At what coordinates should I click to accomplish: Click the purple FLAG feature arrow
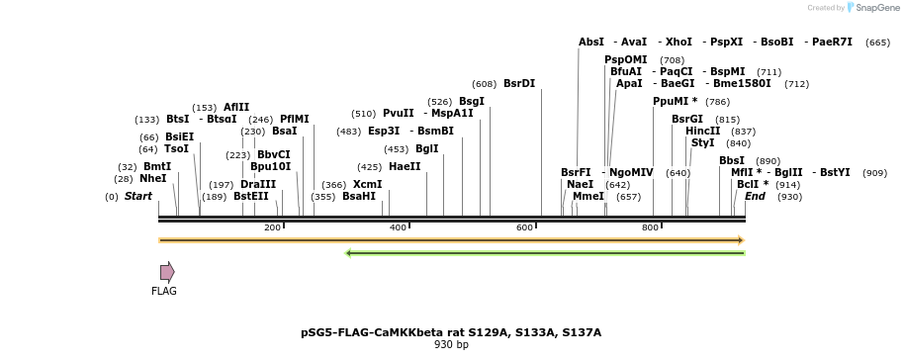tap(167, 272)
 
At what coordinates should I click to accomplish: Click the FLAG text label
tap(164, 292)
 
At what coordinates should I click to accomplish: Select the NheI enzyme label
tap(153, 179)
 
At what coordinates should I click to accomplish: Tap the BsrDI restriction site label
tap(519, 84)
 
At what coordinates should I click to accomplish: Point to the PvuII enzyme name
tap(399, 114)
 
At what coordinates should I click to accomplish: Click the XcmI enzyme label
tap(367, 185)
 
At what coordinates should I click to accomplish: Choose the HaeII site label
tap(405, 167)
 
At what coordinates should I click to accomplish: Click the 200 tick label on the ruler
tap(272, 228)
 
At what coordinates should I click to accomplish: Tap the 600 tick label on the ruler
tap(524, 228)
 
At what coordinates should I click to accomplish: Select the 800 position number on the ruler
tap(651, 228)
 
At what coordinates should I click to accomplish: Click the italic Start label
tap(138, 197)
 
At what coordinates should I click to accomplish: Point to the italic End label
tap(756, 197)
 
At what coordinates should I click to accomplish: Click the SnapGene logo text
tap(869, 8)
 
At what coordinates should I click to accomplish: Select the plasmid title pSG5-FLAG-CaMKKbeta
tap(451, 332)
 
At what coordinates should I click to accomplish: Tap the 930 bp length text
tap(451, 345)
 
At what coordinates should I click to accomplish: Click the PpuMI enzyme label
tap(676, 102)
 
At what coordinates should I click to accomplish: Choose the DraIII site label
tap(258, 185)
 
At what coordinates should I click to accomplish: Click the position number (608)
tap(485, 84)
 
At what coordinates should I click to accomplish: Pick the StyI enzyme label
tap(703, 143)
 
